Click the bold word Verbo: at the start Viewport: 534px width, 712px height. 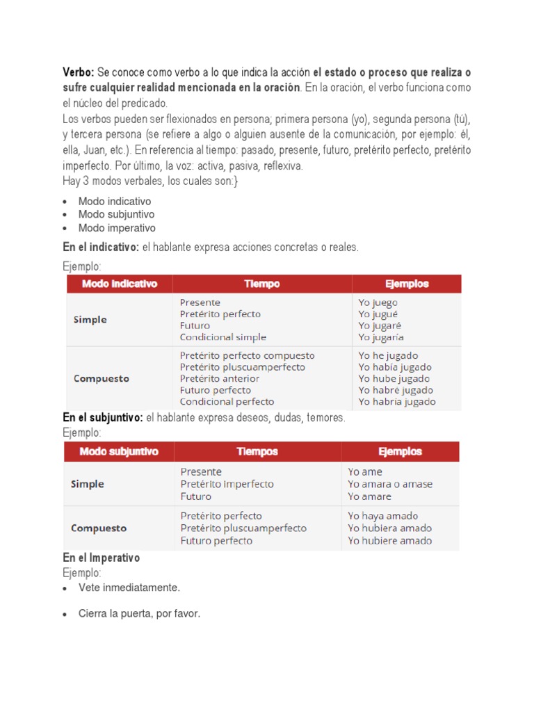point(79,72)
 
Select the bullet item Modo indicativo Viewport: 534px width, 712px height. point(114,201)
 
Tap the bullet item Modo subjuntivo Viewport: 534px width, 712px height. point(116,214)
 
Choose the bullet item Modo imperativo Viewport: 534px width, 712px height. point(117,227)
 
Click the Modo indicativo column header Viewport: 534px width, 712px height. point(120,284)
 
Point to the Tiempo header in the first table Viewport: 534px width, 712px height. point(262,284)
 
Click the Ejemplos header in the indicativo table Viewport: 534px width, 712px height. point(407,284)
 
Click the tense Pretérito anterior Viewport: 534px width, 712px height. point(219,378)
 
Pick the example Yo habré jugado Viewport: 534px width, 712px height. point(395,390)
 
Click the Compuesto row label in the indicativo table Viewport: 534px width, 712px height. point(101,379)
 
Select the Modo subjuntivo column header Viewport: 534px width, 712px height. point(119,451)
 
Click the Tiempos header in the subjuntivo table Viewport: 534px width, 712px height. point(257,451)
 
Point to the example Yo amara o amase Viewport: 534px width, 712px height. point(389,484)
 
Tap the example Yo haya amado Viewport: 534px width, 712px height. point(382,516)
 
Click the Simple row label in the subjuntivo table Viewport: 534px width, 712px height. point(88,484)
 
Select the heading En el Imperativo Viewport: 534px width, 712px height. point(101,558)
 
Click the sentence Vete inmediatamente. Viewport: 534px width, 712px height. point(129,588)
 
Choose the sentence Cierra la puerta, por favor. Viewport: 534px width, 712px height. point(139,613)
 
